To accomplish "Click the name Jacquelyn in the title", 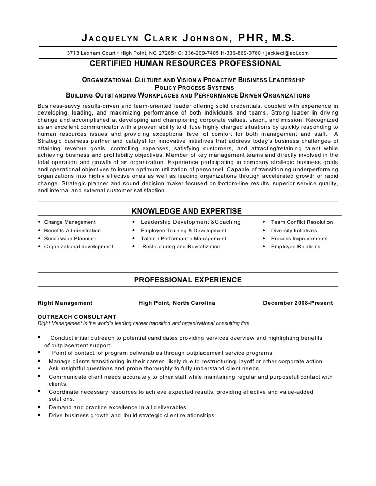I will [x=107, y=38].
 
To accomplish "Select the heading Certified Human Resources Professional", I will [x=186, y=63].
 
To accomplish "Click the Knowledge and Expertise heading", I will [x=186, y=210].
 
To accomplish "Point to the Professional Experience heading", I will [x=188, y=280].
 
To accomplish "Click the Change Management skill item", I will [x=70, y=222].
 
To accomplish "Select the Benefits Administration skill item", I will [x=72, y=231].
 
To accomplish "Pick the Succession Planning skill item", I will [x=70, y=239].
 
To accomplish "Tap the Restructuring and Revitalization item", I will [x=181, y=247].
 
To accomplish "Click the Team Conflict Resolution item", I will [x=302, y=222].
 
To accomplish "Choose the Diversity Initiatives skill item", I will [x=294, y=231].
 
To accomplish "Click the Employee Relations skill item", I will [x=295, y=247].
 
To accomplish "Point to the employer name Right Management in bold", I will [x=66, y=303].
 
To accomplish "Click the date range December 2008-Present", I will [x=298, y=303].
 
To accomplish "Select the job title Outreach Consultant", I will [x=77, y=317].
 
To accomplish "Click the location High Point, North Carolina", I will [x=177, y=303].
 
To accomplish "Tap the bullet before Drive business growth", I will [x=40, y=415].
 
